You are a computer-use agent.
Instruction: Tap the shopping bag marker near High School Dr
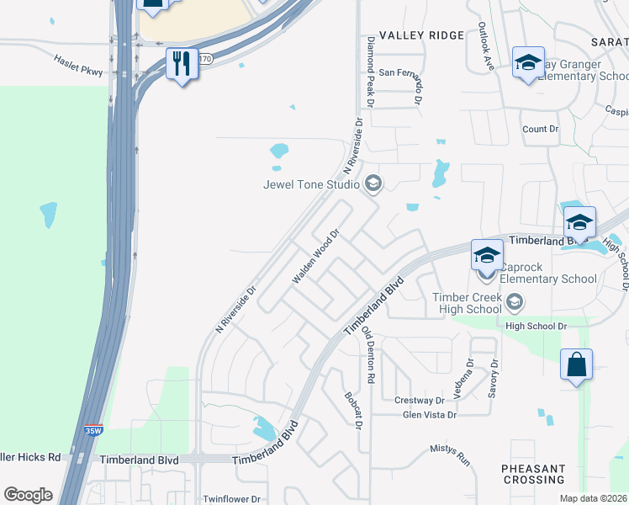coord(576,365)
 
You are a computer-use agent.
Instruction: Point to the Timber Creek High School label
coord(468,303)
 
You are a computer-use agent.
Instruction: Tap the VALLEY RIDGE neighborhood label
coord(421,35)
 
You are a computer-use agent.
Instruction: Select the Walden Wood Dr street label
coord(315,256)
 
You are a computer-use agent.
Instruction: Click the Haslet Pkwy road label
coord(78,66)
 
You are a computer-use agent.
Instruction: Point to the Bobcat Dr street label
coord(351,410)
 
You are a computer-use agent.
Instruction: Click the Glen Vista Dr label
coord(429,415)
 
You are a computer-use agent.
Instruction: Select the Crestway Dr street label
coord(423,401)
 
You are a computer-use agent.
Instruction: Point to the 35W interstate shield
coord(94,430)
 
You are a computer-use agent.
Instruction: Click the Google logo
coord(28,495)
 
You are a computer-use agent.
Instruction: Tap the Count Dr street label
coord(540,129)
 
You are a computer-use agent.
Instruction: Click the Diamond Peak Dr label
coord(368,72)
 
